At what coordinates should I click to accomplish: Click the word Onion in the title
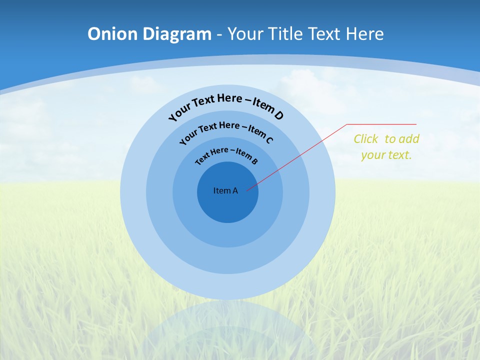pos(112,34)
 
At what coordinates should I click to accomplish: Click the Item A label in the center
pos(225,190)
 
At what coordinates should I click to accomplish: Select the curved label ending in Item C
pos(226,131)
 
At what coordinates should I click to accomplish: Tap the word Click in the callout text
pos(366,139)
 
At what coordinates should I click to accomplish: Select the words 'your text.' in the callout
pos(386,155)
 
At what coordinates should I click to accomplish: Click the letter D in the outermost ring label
pos(278,115)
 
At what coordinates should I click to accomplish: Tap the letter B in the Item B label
pos(254,161)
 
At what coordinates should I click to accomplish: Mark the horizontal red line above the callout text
pos(381,124)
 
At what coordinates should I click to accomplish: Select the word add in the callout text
pos(409,139)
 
